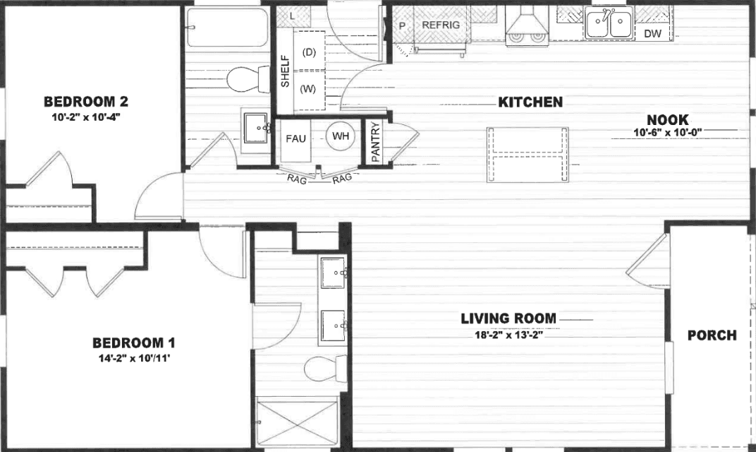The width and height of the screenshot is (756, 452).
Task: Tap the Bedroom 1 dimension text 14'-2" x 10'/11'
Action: (x=134, y=358)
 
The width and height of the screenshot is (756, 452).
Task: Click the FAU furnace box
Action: (x=295, y=138)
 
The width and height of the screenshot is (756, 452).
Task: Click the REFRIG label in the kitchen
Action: (x=441, y=25)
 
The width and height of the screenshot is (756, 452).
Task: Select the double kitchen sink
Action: (x=609, y=25)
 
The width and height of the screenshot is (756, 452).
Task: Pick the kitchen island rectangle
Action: (x=528, y=153)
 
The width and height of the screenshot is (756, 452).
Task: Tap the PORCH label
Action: (x=712, y=335)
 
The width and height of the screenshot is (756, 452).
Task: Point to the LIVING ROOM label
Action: (x=508, y=319)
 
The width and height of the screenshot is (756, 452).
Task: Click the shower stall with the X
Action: (x=297, y=422)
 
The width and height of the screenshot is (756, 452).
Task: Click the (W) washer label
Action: (x=308, y=89)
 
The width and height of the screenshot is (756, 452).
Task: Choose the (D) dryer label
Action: (x=308, y=52)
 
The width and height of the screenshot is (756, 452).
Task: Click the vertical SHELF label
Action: (x=286, y=71)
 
